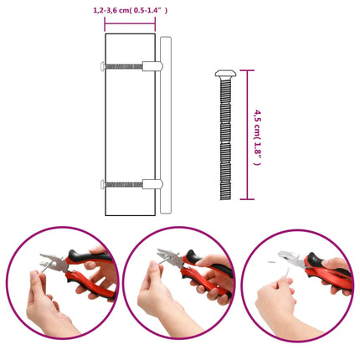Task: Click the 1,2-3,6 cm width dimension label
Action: (x=131, y=11)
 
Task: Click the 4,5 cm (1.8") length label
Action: (x=257, y=137)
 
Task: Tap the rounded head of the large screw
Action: (x=225, y=74)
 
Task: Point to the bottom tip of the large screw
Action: (x=225, y=199)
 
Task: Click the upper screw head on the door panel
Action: (x=103, y=66)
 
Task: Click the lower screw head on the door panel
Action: (x=103, y=184)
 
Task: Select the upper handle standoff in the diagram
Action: (x=152, y=66)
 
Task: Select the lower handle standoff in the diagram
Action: (x=152, y=184)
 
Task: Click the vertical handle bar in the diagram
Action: (x=166, y=125)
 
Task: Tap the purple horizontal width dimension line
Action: (x=130, y=24)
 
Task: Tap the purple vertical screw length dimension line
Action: (x=247, y=135)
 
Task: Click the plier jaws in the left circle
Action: (x=52, y=262)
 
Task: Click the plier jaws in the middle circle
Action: (x=169, y=256)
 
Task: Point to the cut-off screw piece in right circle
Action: (x=271, y=262)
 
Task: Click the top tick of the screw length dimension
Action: (x=247, y=70)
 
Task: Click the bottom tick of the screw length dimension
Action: (x=247, y=199)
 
